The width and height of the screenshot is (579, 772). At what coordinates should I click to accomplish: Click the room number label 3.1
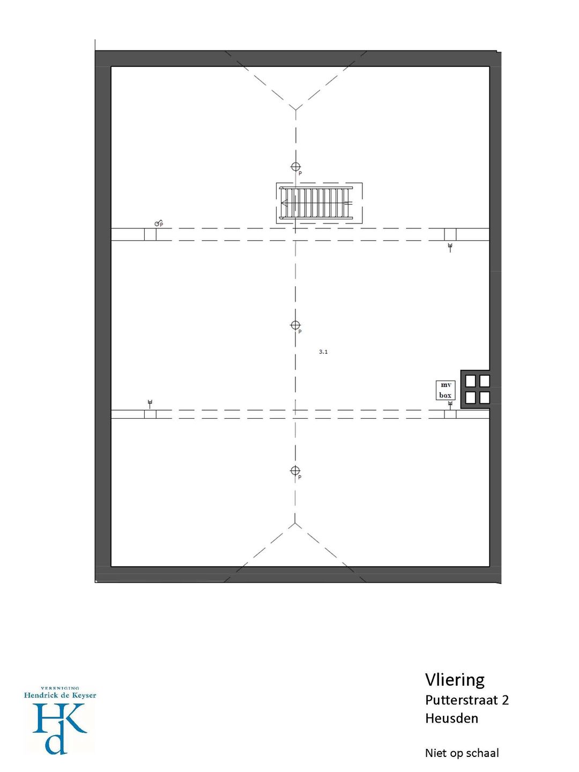[323, 352]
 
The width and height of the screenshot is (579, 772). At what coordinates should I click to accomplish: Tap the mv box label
[445, 390]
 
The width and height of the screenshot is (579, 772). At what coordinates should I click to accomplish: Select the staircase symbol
[319, 203]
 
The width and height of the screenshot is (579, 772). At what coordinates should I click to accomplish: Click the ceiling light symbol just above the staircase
[295, 166]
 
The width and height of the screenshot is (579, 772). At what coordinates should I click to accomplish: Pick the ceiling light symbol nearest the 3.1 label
[295, 325]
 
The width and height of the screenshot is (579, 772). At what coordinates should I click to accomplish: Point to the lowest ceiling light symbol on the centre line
[295, 471]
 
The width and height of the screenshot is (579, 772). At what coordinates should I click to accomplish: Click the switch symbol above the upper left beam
[159, 223]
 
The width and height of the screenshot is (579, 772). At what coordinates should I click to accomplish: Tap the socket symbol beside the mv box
[450, 405]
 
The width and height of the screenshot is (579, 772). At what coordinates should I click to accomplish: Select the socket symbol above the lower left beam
[150, 404]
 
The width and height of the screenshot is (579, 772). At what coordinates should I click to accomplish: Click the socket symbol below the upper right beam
[450, 247]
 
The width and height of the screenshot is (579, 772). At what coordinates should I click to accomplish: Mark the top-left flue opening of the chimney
[470, 381]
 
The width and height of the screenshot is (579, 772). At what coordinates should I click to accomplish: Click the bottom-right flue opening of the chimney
[485, 397]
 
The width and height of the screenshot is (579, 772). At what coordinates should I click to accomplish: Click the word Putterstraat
[463, 700]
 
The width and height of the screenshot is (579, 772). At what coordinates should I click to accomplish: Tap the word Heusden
[452, 718]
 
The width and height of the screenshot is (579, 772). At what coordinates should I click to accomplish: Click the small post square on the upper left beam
[150, 235]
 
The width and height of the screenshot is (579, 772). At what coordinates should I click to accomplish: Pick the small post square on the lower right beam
[450, 414]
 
